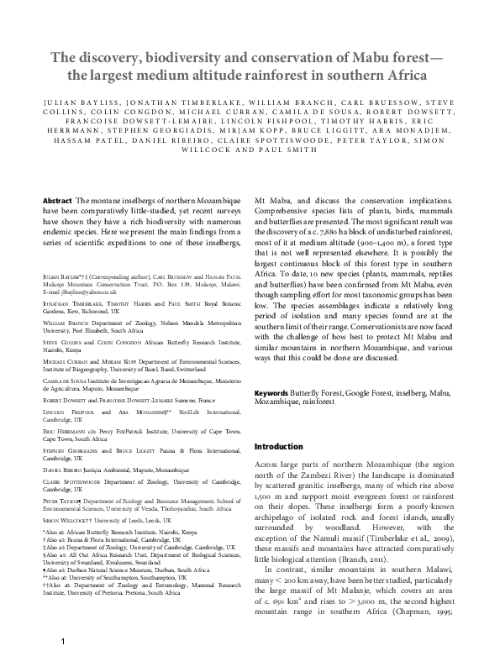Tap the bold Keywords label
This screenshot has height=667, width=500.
click(271, 392)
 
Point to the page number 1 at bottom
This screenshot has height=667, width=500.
click(62, 642)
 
